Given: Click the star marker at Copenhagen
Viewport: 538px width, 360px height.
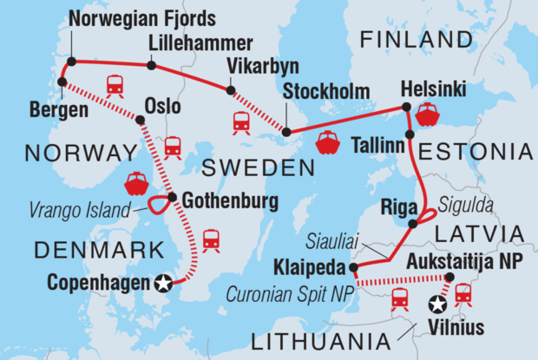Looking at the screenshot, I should pos(162,282).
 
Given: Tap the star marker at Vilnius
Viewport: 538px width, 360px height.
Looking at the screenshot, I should pos(438,304).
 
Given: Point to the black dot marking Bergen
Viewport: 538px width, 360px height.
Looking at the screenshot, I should pos(62,82).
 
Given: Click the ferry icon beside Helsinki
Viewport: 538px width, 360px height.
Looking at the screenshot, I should pos(429,114).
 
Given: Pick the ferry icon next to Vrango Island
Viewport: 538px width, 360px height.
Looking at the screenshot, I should pos(136,183).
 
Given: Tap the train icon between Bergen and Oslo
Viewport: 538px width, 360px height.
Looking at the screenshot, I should pos(114,85).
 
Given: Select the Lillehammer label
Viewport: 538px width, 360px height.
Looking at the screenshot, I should pos(201,43).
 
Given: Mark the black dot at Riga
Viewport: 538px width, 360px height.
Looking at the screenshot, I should pos(413,224).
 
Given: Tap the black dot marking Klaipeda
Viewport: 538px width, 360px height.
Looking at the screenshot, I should pos(354,267).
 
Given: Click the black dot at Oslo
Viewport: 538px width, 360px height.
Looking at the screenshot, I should pos(140,120).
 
